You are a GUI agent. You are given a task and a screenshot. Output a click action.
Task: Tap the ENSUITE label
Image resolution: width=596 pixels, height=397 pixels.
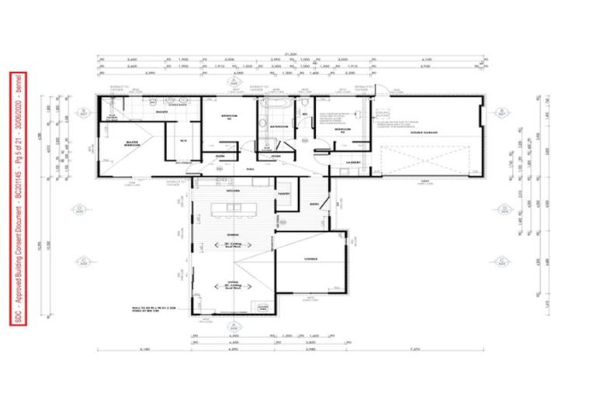(163, 112)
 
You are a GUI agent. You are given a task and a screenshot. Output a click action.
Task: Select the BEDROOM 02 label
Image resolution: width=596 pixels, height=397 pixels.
(228, 116)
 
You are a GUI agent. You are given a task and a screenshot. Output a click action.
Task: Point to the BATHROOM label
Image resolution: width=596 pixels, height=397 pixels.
(279, 126)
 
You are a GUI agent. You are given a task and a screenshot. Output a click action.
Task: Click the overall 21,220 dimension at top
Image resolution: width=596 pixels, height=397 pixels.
(291, 54)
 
